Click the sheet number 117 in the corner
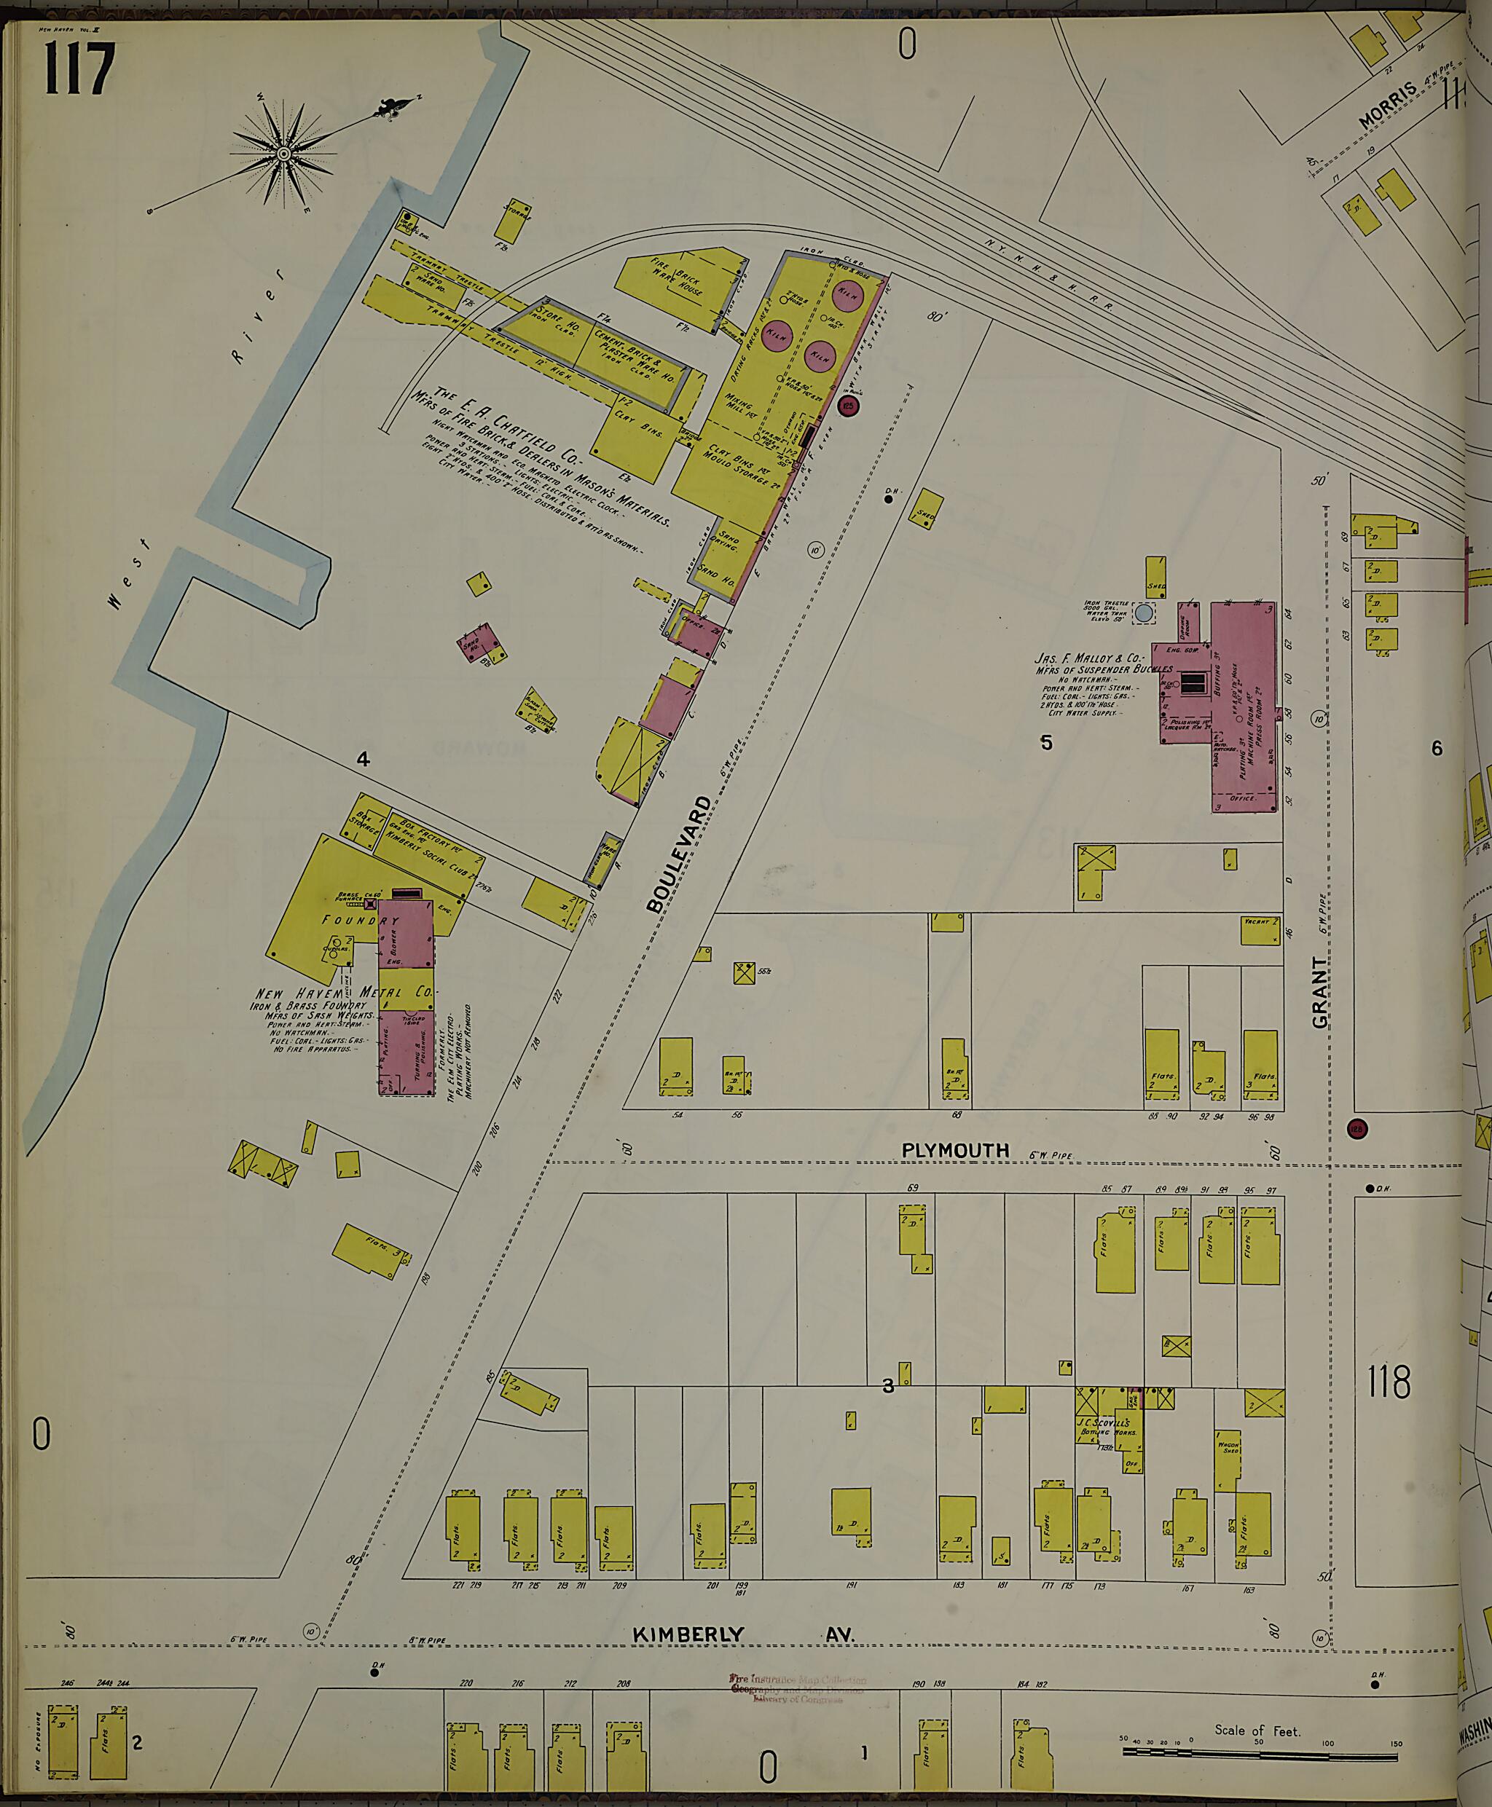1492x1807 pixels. point(77,68)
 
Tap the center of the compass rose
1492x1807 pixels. point(282,154)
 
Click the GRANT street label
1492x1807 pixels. point(1319,993)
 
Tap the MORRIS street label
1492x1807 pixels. point(1386,107)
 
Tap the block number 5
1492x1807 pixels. point(1046,742)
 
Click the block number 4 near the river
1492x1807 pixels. point(363,759)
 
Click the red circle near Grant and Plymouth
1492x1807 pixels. point(1357,1129)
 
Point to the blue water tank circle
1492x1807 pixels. point(1143,613)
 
